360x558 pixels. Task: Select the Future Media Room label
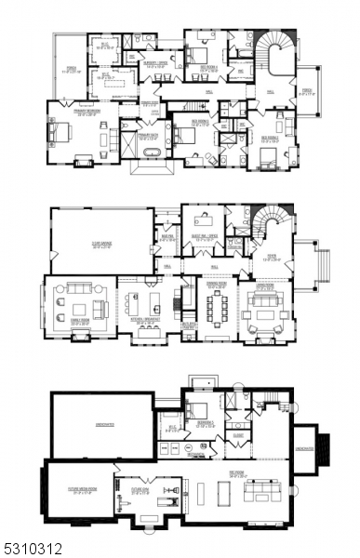78,492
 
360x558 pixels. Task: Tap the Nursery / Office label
153,66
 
